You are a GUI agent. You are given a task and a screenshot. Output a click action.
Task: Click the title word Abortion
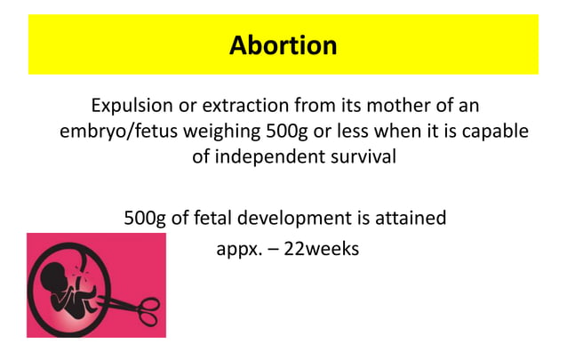coord(283,44)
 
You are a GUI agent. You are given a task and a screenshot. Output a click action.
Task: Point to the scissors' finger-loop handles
coord(148,312)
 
